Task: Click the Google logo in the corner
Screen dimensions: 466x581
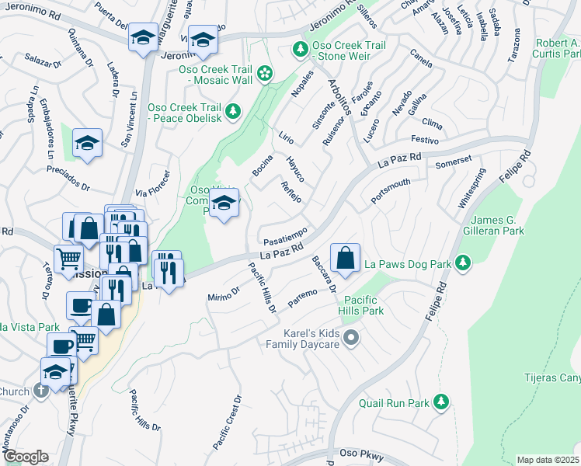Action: click(x=25, y=457)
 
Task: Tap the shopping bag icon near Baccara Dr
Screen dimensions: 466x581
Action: click(x=345, y=257)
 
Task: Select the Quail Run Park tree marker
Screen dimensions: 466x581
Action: click(x=441, y=401)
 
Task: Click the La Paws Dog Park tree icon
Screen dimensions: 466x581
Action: click(x=463, y=263)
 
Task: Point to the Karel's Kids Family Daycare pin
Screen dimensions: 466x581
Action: click(x=352, y=337)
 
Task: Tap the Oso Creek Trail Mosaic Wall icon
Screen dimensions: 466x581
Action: click(x=265, y=74)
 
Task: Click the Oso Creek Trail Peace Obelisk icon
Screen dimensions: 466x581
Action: click(x=232, y=113)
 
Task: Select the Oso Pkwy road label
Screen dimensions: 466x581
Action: click(x=355, y=454)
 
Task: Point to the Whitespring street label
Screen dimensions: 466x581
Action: click(x=471, y=189)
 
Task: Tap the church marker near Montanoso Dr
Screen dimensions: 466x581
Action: click(x=40, y=391)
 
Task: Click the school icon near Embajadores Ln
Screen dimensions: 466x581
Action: click(x=88, y=143)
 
